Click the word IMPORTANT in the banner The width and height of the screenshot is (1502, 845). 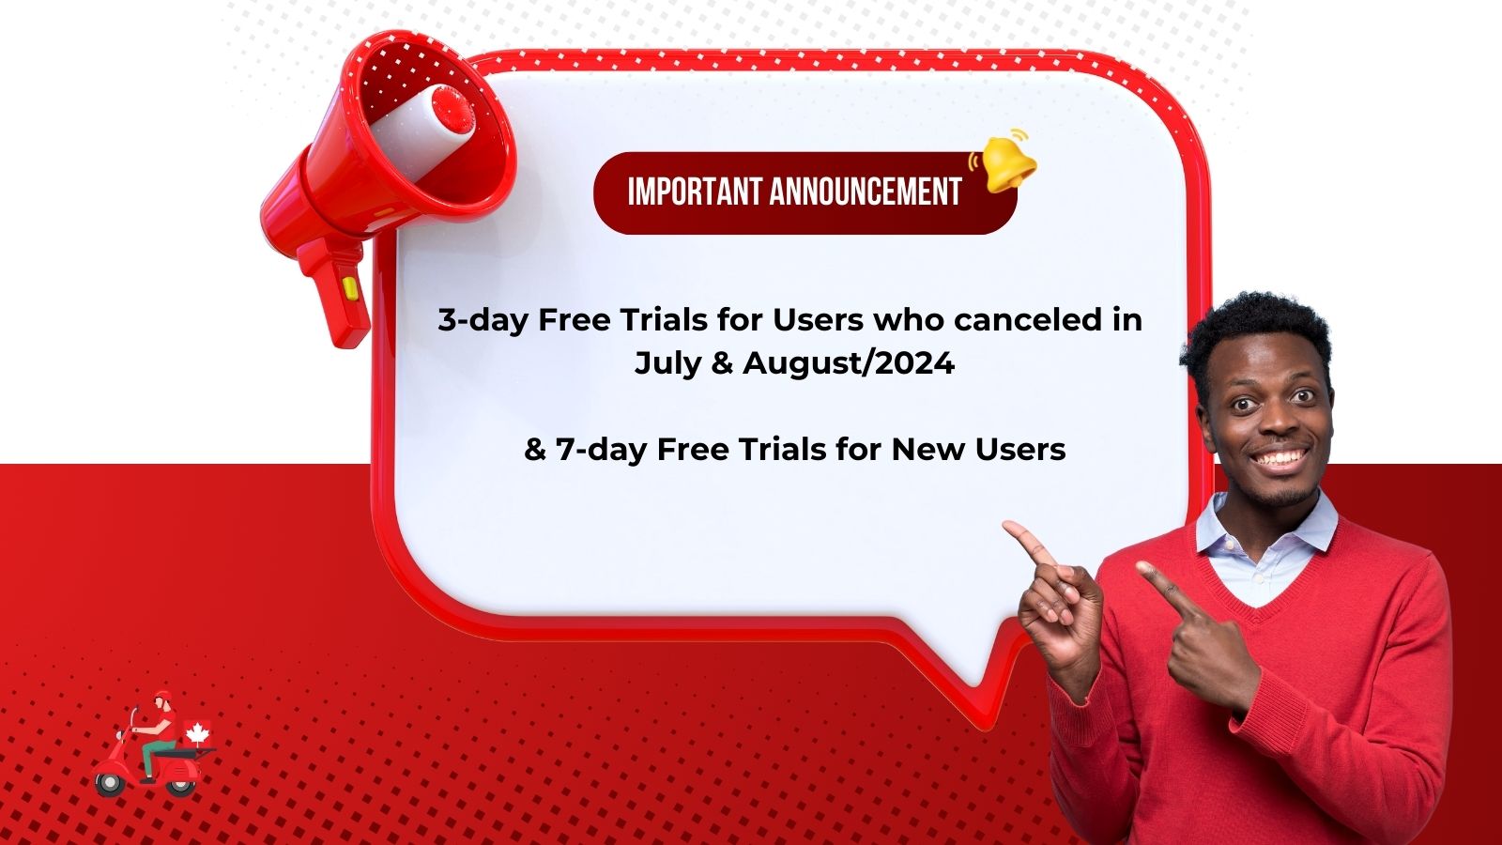click(x=696, y=192)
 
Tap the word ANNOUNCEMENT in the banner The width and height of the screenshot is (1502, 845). click(x=866, y=192)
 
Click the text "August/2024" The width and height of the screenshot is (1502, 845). click(x=849, y=364)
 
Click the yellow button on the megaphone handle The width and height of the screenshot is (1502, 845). click(x=349, y=287)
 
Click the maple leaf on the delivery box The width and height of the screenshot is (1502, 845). click(x=198, y=733)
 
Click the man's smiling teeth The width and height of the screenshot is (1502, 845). click(x=1280, y=459)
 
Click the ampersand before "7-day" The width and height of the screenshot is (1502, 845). click(x=535, y=450)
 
